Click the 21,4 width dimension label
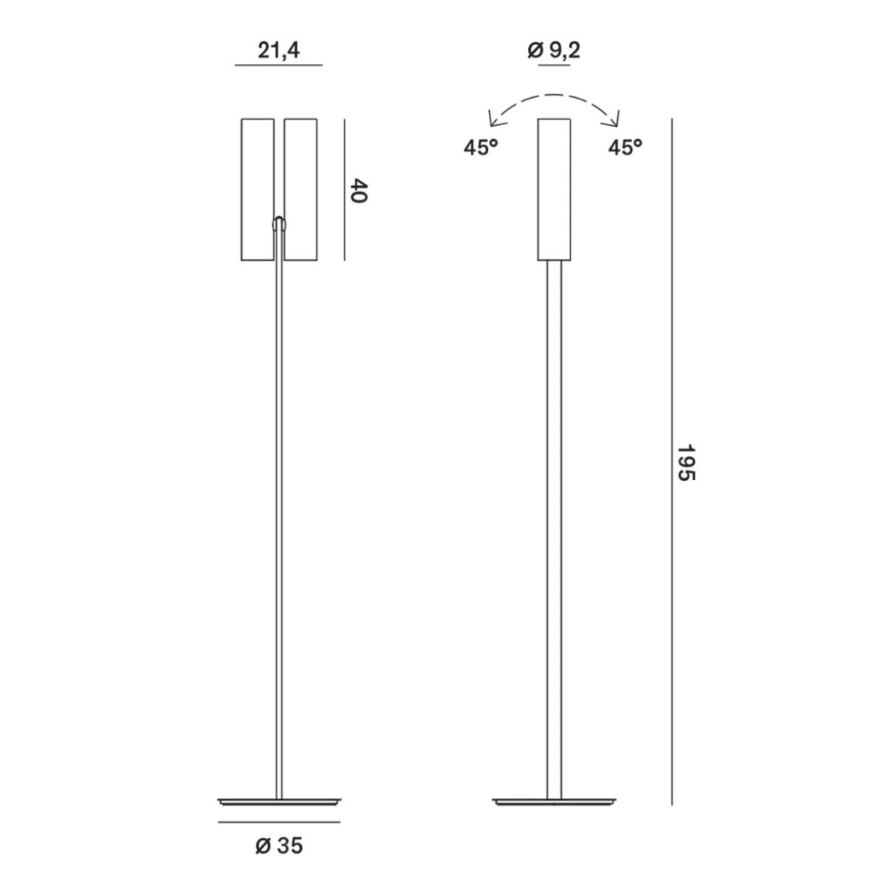[x=279, y=50]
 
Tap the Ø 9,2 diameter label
[x=554, y=50]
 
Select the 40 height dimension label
[x=359, y=191]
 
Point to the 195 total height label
[x=686, y=462]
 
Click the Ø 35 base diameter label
[x=280, y=845]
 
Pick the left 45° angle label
[x=481, y=147]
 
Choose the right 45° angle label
[x=625, y=147]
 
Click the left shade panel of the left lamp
[x=258, y=190]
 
